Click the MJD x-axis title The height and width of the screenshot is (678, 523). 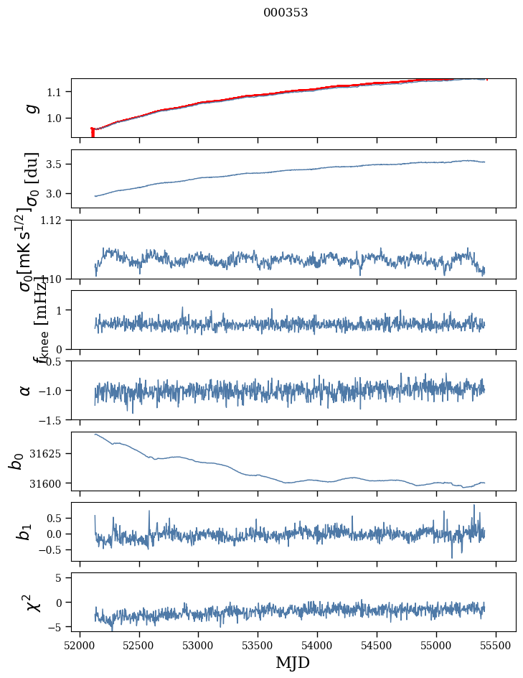[293, 662]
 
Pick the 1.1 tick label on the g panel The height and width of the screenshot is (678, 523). [58, 92]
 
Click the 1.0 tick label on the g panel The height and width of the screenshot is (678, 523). [58, 118]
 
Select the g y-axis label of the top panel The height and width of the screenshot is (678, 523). [31, 108]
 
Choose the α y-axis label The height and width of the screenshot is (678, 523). [25, 390]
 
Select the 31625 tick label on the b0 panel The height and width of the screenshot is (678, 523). [50, 454]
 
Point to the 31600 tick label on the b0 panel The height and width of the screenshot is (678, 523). [50, 483]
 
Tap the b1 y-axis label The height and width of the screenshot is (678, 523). [25, 531]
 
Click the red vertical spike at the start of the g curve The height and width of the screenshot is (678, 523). [93, 133]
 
